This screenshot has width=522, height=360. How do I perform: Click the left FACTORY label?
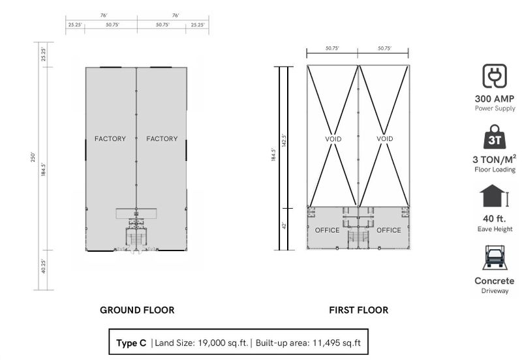110,139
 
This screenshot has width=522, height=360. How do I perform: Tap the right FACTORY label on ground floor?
162,139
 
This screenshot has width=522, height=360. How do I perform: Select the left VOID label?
333,139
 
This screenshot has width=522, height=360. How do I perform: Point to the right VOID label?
385,139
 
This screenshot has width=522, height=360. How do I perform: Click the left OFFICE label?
328,230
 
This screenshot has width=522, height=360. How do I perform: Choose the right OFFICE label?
389,230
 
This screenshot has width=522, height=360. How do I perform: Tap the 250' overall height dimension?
33,157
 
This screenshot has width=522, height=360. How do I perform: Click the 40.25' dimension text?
43,266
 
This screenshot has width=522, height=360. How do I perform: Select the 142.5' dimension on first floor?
284,140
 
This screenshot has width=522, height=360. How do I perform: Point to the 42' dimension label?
284,226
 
